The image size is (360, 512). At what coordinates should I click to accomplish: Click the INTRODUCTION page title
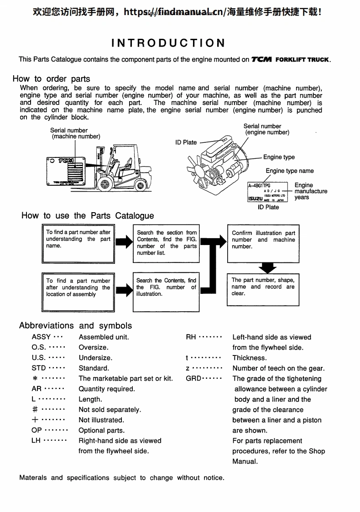[168, 43]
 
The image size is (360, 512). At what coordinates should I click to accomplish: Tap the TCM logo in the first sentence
[261, 59]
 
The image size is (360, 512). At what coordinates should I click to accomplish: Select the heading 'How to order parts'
[52, 78]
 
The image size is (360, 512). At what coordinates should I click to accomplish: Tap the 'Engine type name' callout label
[289, 171]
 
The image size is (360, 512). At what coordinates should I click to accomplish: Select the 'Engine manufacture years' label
[311, 191]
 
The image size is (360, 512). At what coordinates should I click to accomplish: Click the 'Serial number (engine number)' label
[267, 129]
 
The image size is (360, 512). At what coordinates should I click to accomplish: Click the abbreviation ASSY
[42, 337]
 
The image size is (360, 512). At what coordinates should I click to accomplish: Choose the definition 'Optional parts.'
[101, 430]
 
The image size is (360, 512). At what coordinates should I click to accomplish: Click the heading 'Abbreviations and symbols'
[75, 325]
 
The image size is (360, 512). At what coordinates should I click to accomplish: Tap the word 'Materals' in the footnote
[33, 478]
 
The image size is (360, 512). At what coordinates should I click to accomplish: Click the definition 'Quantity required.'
[107, 389]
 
